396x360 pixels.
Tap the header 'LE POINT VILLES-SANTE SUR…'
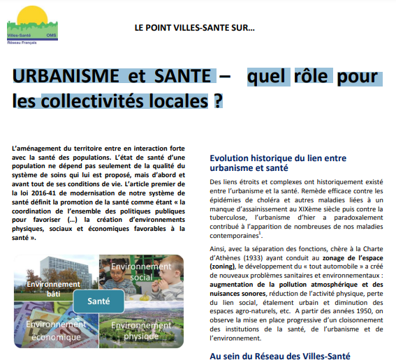click(195, 29)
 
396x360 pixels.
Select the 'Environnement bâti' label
click(53, 289)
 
